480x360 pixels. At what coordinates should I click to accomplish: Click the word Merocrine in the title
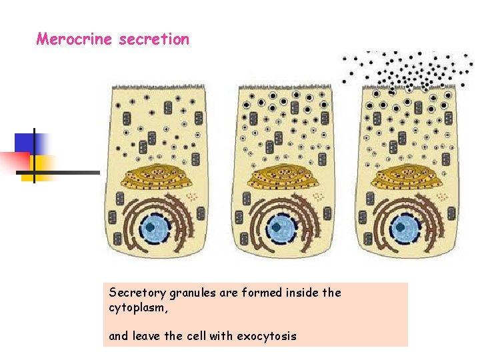[x=75, y=39]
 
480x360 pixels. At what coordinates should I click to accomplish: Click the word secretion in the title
[x=154, y=39]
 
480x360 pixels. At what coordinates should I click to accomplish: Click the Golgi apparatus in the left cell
[x=157, y=176]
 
